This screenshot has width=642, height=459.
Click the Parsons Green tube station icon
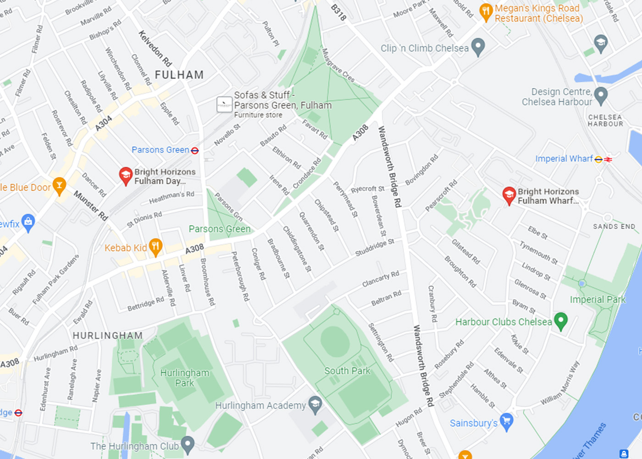195,151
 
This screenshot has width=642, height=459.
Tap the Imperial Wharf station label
564,159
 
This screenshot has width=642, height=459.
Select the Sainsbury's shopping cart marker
506,422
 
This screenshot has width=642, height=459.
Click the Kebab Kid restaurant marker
155,247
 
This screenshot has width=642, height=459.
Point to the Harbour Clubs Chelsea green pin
560,321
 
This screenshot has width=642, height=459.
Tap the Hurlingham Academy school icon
315,404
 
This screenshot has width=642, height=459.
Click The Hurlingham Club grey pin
188,444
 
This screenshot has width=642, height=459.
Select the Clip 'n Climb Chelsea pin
478,47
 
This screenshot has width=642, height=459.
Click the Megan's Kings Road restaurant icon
486,12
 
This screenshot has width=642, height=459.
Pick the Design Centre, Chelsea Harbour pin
600,96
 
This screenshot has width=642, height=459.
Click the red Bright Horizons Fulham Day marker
126,175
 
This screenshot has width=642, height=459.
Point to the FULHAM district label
179,75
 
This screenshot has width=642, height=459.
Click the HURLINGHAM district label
108,336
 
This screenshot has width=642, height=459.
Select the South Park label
347,371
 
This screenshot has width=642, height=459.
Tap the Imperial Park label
598,300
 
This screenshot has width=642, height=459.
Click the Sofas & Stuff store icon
224,105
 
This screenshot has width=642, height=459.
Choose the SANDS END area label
614,226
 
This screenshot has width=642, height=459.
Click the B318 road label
338,12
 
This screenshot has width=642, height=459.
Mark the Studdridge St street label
375,247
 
